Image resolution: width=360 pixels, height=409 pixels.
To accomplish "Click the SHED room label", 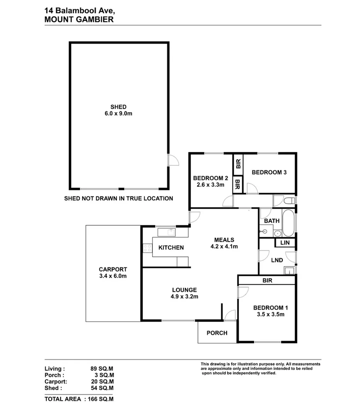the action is click(x=118, y=107).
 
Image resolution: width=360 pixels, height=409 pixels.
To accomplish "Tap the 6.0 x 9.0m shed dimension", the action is click(x=118, y=113).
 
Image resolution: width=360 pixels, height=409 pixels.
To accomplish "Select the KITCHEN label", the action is click(x=171, y=248).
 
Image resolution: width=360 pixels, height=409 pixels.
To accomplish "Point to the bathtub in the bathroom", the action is click(x=288, y=223).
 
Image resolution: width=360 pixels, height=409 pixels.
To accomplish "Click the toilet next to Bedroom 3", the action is click(x=289, y=201).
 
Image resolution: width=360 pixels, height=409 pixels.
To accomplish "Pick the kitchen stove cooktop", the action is click(x=147, y=248).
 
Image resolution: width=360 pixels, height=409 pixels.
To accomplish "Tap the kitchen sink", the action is click(x=171, y=232).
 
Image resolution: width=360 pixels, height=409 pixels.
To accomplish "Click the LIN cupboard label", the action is click(x=285, y=243).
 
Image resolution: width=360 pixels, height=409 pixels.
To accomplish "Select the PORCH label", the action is click(x=217, y=333).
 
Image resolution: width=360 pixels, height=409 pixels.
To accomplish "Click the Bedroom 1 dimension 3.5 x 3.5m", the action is click(x=271, y=314).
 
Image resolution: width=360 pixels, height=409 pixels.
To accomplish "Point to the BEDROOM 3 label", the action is click(x=269, y=173).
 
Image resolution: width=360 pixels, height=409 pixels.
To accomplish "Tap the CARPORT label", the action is click(x=113, y=269).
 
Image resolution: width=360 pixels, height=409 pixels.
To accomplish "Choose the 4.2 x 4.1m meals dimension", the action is click(x=224, y=246).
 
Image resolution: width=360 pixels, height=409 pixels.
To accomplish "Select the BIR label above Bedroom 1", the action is click(x=268, y=281).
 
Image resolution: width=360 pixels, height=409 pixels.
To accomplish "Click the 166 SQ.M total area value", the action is click(x=101, y=399).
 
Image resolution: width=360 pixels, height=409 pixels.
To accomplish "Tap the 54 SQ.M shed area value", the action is click(x=102, y=388).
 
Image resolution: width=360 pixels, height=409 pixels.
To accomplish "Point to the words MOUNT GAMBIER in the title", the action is click(x=79, y=20).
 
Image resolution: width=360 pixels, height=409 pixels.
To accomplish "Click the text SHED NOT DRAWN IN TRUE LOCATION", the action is click(x=119, y=199).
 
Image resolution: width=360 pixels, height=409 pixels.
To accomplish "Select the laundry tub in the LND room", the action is click(x=289, y=271).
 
